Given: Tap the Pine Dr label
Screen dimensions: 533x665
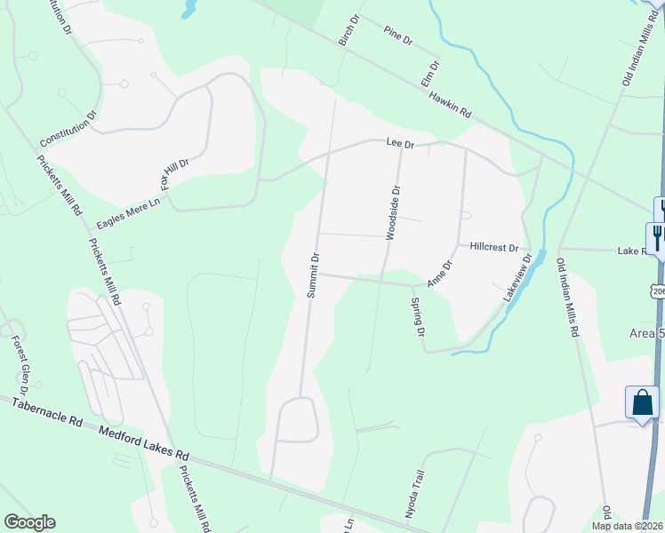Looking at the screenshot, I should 398,36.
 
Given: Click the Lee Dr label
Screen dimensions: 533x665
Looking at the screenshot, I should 400,142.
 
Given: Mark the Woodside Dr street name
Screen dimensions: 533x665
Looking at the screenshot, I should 394,211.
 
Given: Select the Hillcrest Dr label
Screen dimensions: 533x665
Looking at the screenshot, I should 493,248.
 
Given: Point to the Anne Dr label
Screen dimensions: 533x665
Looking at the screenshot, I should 440,273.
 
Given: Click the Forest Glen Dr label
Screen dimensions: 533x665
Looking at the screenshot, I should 20,364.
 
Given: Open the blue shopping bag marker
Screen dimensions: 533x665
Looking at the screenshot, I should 642,402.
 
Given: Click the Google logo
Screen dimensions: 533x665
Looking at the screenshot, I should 29,522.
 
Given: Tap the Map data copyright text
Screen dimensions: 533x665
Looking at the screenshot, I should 627,526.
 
